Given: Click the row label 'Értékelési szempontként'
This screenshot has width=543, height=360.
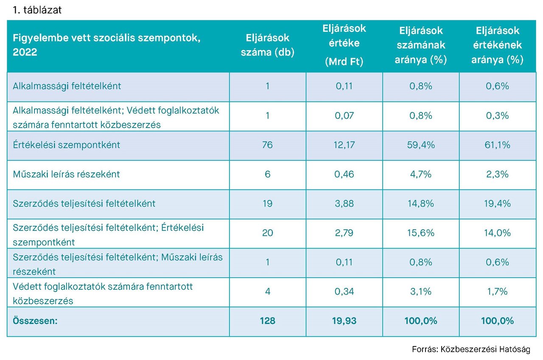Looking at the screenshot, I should (67, 145).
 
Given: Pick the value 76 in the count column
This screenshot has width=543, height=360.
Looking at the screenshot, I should (267, 145).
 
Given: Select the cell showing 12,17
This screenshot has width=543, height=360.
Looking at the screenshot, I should (344, 145).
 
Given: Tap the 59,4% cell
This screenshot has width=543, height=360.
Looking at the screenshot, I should (421, 145).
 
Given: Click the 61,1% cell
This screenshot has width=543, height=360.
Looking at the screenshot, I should (497, 145).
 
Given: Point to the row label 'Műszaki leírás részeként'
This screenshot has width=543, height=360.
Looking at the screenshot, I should (67, 174).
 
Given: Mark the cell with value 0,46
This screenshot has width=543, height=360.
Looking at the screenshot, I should (344, 174).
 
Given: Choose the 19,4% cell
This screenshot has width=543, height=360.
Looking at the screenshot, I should (497, 204).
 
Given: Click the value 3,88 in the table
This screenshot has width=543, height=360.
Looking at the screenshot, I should (344, 204).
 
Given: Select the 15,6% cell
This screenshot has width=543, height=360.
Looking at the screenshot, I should (421, 233).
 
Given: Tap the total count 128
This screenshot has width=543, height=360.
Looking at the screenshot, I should (267, 321).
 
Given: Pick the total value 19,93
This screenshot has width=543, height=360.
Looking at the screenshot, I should (344, 321).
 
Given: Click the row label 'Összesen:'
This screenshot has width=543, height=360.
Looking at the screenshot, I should (35, 321).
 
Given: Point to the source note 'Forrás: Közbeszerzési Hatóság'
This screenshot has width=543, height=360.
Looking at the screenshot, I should (471, 349).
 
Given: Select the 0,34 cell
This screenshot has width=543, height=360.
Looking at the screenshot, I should (344, 292).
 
